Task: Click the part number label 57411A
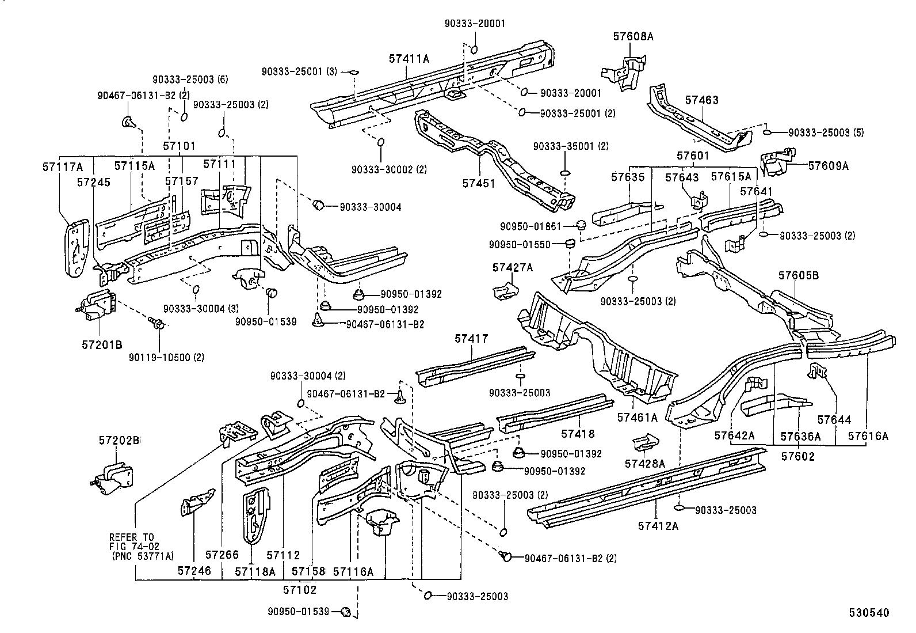click(x=410, y=58)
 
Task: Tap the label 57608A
click(x=633, y=36)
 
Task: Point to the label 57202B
click(x=119, y=440)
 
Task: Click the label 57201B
click(x=101, y=344)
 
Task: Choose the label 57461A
click(x=637, y=416)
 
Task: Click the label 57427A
click(x=512, y=267)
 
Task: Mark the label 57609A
click(x=828, y=165)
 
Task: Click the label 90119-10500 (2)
click(x=166, y=357)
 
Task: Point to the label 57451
click(x=478, y=183)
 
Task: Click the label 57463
click(x=701, y=100)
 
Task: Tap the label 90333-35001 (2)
click(x=570, y=146)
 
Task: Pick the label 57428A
click(x=645, y=463)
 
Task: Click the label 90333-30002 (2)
click(x=389, y=169)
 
